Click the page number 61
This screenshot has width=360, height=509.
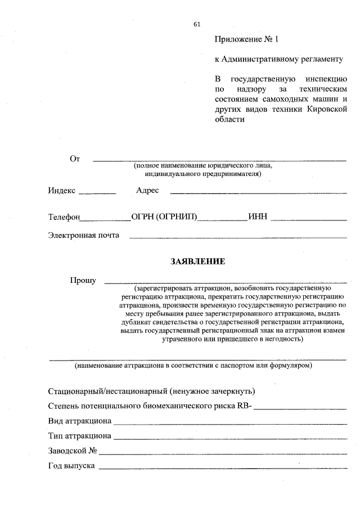196,24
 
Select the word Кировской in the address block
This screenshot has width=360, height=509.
326,109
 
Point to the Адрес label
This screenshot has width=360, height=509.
147,191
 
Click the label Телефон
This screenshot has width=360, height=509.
65,217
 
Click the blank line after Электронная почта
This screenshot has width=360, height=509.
238,237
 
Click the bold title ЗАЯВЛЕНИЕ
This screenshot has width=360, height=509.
197,262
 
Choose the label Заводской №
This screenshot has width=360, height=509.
73,451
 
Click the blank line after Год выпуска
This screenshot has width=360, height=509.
223,469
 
